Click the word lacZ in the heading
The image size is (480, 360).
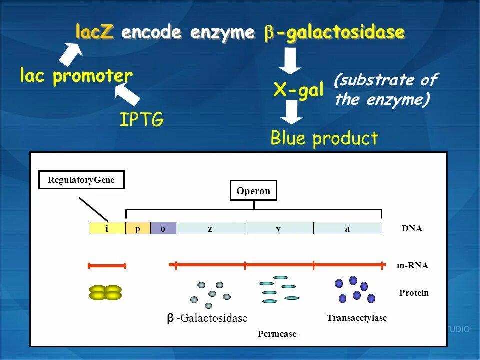click(95, 33)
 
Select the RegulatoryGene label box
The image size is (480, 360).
click(81, 180)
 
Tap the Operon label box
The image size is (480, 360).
click(253, 191)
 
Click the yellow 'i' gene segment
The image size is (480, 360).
click(107, 228)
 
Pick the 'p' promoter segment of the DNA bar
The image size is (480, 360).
click(138, 228)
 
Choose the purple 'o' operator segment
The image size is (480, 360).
click(163, 228)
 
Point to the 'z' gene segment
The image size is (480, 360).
click(210, 228)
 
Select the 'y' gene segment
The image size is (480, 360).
click(279, 228)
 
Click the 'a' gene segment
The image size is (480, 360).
click(347, 228)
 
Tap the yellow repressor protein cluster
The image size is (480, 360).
click(105, 292)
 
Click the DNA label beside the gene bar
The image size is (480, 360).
click(412, 228)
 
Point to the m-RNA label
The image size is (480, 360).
click(412, 266)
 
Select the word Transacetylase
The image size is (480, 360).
click(357, 318)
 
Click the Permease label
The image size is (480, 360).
click(277, 334)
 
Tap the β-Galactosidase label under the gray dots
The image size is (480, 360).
click(207, 318)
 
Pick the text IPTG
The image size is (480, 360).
click(141, 120)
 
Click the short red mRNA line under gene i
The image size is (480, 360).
click(107, 265)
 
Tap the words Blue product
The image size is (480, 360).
click(324, 138)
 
